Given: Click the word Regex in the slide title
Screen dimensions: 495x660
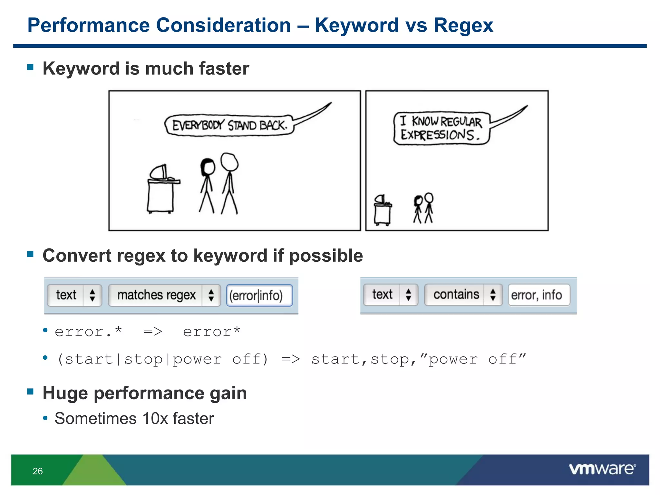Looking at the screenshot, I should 463,25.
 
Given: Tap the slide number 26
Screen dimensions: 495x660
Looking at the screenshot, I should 38,471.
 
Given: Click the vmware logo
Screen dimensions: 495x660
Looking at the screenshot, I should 602,469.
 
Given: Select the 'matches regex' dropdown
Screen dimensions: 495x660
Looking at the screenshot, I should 164,295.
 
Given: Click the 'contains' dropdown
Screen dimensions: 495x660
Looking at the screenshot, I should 463,295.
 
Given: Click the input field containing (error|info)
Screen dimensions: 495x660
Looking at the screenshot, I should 259,295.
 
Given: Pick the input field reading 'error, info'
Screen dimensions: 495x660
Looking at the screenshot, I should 539,295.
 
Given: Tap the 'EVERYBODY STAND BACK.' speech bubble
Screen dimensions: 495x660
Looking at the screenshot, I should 229,125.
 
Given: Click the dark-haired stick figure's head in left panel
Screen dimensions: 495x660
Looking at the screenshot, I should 208,167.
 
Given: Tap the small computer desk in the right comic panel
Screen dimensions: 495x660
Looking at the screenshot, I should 383,211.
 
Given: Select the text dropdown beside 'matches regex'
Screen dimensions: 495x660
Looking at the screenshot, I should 74,295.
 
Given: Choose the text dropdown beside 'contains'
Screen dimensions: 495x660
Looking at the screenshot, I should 390,295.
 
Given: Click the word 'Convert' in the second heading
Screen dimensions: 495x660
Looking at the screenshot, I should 77,256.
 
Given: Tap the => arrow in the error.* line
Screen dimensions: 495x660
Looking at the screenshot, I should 153,332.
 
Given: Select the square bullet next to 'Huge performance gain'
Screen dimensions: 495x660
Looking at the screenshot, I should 31,392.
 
